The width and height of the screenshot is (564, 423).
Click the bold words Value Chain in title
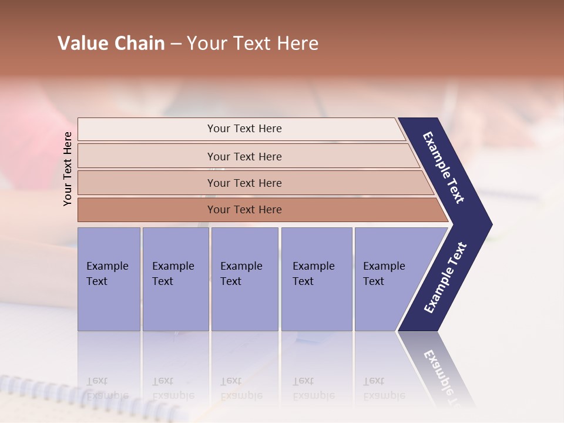(x=111, y=43)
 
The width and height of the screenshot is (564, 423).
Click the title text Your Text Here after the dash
(x=253, y=43)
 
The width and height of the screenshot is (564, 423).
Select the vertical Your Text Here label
(x=68, y=169)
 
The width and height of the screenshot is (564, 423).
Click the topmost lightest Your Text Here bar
(x=244, y=129)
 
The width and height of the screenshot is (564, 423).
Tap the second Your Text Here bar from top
(x=244, y=156)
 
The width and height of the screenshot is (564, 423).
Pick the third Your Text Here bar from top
(x=244, y=183)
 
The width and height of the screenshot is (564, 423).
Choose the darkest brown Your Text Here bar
(x=244, y=210)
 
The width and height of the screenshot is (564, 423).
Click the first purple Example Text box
(x=109, y=279)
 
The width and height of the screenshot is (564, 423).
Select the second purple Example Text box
(x=175, y=279)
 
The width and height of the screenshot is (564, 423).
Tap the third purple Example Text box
(x=244, y=279)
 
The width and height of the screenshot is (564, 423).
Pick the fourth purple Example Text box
(x=316, y=279)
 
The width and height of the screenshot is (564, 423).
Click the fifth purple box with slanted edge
(x=388, y=279)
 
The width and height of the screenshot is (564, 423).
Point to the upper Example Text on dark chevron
(x=444, y=167)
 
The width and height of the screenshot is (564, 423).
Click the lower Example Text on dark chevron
(x=445, y=278)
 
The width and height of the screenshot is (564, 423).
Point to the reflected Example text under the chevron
(x=444, y=373)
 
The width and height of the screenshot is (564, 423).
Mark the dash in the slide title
(x=176, y=44)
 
